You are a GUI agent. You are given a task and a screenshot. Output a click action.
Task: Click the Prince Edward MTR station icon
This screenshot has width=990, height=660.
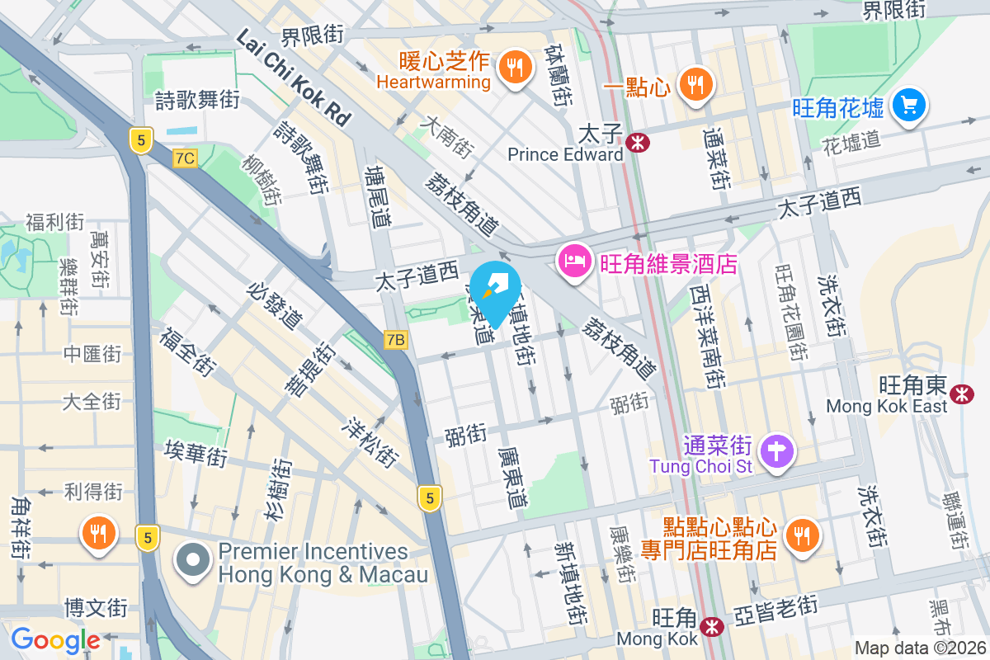637,143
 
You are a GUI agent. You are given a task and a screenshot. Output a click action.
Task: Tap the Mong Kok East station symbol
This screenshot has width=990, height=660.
961,394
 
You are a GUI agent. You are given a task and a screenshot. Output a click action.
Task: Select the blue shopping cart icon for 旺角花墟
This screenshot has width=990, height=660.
910,106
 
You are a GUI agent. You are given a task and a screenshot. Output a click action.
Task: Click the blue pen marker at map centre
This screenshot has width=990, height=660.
497,290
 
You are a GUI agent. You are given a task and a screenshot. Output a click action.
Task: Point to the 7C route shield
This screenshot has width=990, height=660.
186,158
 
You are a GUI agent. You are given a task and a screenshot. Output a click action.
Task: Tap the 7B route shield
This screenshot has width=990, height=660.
396,339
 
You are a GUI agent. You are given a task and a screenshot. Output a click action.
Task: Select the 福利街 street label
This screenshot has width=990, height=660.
54,221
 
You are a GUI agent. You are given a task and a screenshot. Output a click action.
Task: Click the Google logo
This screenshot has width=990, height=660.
55,639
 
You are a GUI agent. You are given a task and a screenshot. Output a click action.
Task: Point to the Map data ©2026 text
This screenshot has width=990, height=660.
920,648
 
